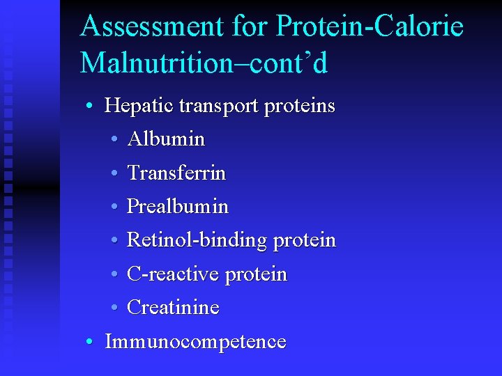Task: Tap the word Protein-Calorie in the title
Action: coord(370,26)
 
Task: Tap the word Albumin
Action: coord(166,139)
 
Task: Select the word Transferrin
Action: coord(176,173)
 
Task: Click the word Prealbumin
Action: coord(178,207)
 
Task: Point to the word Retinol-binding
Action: coord(197,241)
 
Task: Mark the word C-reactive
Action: coord(175,274)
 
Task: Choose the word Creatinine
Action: coord(173,308)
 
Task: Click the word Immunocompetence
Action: coord(195,342)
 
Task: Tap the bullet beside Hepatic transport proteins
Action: coord(90,107)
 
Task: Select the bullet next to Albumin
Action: coord(114,140)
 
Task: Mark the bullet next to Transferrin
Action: coord(114,173)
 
